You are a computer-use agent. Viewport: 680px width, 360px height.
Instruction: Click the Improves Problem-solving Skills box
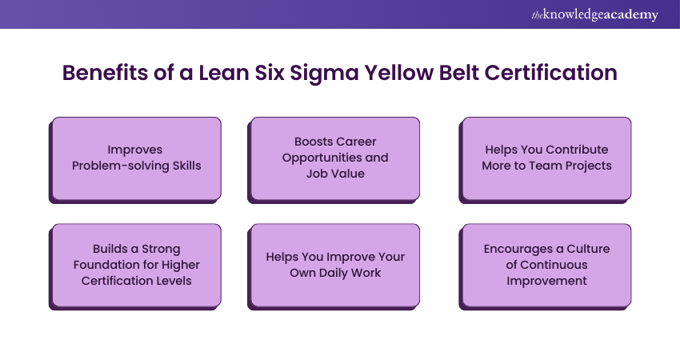[x=136, y=158]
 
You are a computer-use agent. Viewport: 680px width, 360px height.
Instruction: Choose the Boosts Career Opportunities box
[x=335, y=158]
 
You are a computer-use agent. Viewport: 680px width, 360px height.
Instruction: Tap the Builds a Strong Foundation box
[x=136, y=265]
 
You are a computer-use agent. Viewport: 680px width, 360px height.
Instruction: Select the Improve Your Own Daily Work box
[x=335, y=265]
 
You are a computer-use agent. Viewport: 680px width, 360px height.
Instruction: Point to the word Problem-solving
[x=118, y=166]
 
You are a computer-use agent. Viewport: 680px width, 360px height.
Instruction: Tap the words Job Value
[x=335, y=173]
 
